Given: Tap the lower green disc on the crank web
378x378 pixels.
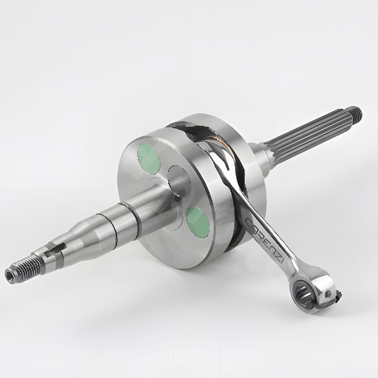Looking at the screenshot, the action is point(198,222).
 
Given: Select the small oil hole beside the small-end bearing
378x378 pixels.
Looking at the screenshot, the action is point(327,294).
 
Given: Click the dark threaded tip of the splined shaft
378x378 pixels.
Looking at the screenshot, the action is point(357,113).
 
